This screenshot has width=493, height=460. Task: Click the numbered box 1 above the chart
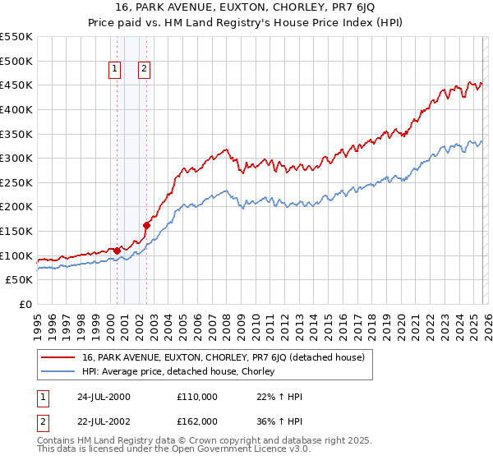114,70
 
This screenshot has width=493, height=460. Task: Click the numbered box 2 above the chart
144,70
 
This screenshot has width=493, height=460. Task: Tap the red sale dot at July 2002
146,225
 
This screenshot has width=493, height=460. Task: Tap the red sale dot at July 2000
117,251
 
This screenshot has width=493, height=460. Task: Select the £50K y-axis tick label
20,280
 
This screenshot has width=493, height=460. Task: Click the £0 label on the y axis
27,305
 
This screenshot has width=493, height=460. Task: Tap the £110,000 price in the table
196,397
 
